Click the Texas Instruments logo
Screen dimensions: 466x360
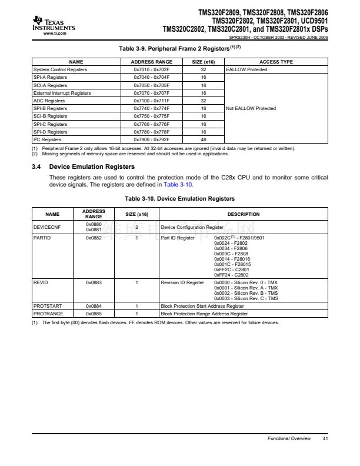(x=54, y=22)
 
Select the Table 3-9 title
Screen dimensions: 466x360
(x=179, y=48)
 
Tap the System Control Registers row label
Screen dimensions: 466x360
(x=60, y=69)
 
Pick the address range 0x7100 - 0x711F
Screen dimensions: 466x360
(x=151, y=101)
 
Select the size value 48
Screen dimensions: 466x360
(x=203, y=139)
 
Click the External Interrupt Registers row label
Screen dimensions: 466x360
(x=62, y=93)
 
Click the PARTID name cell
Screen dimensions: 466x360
(x=42, y=238)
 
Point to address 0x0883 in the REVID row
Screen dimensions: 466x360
(x=94, y=282)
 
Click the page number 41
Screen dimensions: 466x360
(x=325, y=439)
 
